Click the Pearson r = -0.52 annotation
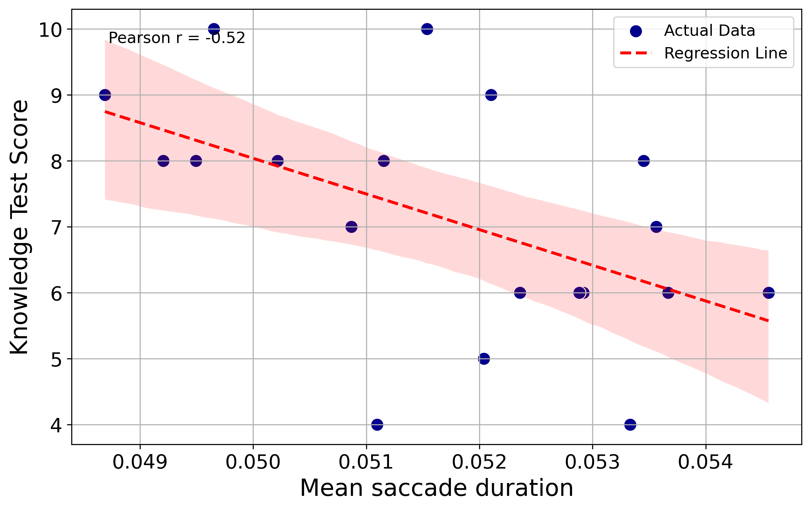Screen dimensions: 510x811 (x=176, y=38)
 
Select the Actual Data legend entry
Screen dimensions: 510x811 (x=709, y=31)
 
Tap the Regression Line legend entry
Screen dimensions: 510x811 (x=725, y=53)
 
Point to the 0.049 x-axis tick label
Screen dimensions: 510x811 (x=140, y=462)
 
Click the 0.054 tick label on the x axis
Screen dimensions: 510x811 (x=705, y=462)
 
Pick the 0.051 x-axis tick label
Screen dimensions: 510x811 (x=366, y=462)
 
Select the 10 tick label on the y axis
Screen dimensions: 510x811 (x=51, y=30)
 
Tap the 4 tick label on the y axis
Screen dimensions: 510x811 (x=56, y=425)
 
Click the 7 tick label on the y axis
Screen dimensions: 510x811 (x=56, y=227)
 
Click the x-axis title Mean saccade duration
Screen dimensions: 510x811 (x=436, y=488)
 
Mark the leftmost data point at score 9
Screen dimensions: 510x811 (x=105, y=95)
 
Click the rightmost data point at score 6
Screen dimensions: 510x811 (x=769, y=293)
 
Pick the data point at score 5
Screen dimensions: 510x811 (x=484, y=359)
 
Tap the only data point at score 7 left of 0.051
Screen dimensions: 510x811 (x=351, y=227)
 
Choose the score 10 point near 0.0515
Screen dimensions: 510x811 (x=427, y=29)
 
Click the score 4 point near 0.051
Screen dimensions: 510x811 (x=377, y=425)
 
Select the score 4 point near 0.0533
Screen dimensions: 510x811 (x=630, y=425)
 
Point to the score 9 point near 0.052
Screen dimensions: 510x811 (x=491, y=95)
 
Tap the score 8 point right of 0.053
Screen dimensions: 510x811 (x=644, y=161)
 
